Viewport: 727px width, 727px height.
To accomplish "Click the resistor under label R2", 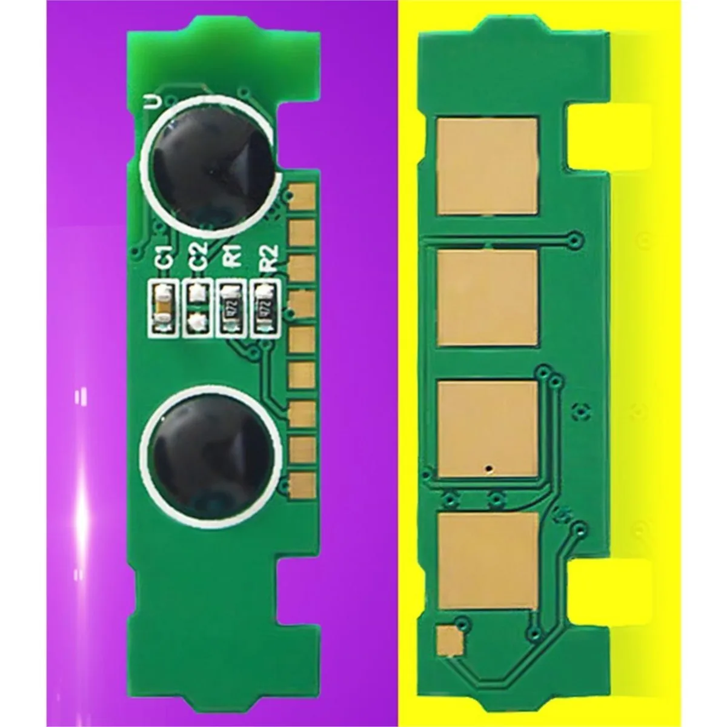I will point(265,307).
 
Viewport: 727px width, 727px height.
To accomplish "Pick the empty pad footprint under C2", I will point(197,307).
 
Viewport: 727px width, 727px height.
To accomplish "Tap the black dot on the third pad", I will point(488,468).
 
